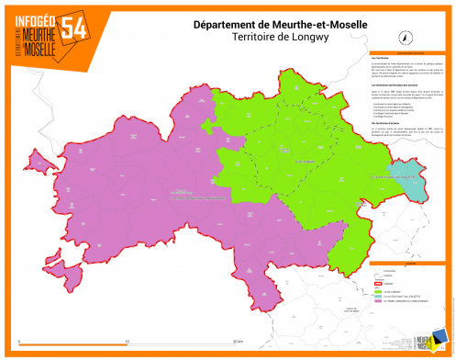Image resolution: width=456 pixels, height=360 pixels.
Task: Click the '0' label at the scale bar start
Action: pyautogui.click(x=20, y=341)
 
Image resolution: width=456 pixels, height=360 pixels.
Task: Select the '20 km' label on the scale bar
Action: pyautogui.click(x=237, y=341)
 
